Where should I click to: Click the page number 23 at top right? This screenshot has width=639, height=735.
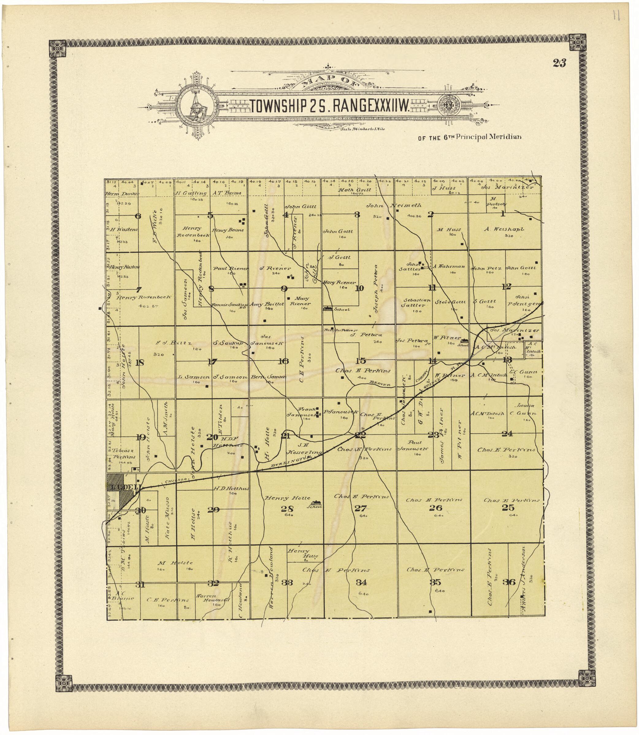pos(560,63)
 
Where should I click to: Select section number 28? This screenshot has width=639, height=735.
pos(287,509)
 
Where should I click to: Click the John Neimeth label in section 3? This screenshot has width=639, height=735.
pos(394,205)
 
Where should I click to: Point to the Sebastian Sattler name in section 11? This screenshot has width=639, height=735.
pos(417,303)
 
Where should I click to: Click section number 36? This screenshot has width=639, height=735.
pos(509,582)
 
